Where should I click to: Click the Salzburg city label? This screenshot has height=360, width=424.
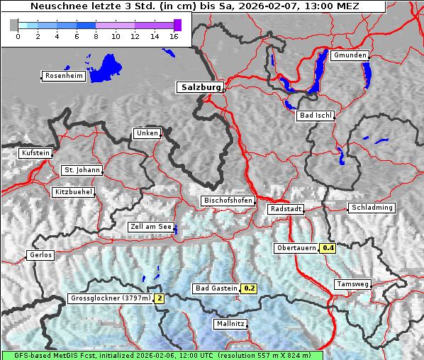[x=199, y=87]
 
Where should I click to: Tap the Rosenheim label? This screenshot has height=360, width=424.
[x=63, y=76]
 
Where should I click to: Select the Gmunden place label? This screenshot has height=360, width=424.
[x=350, y=55]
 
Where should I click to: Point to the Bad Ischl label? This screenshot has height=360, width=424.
[x=315, y=116]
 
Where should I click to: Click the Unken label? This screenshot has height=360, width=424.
[x=146, y=133]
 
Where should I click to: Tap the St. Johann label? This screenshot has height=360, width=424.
[x=82, y=170]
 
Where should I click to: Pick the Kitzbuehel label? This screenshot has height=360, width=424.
[x=73, y=192]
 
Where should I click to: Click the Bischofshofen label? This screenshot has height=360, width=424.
[x=228, y=201]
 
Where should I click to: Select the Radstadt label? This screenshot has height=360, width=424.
[x=286, y=210]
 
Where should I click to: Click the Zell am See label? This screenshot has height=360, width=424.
[x=151, y=227]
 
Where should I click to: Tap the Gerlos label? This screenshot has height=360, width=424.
[x=40, y=255]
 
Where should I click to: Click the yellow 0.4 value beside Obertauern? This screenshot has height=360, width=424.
[x=328, y=249]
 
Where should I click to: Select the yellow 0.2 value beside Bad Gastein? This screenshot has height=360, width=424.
[x=249, y=288]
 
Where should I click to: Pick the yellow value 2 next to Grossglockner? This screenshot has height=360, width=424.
[x=160, y=298]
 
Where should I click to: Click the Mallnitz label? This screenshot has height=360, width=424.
[x=230, y=324]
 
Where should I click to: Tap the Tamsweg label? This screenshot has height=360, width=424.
[x=352, y=284]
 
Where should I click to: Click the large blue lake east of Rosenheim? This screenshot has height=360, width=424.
[x=108, y=67]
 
